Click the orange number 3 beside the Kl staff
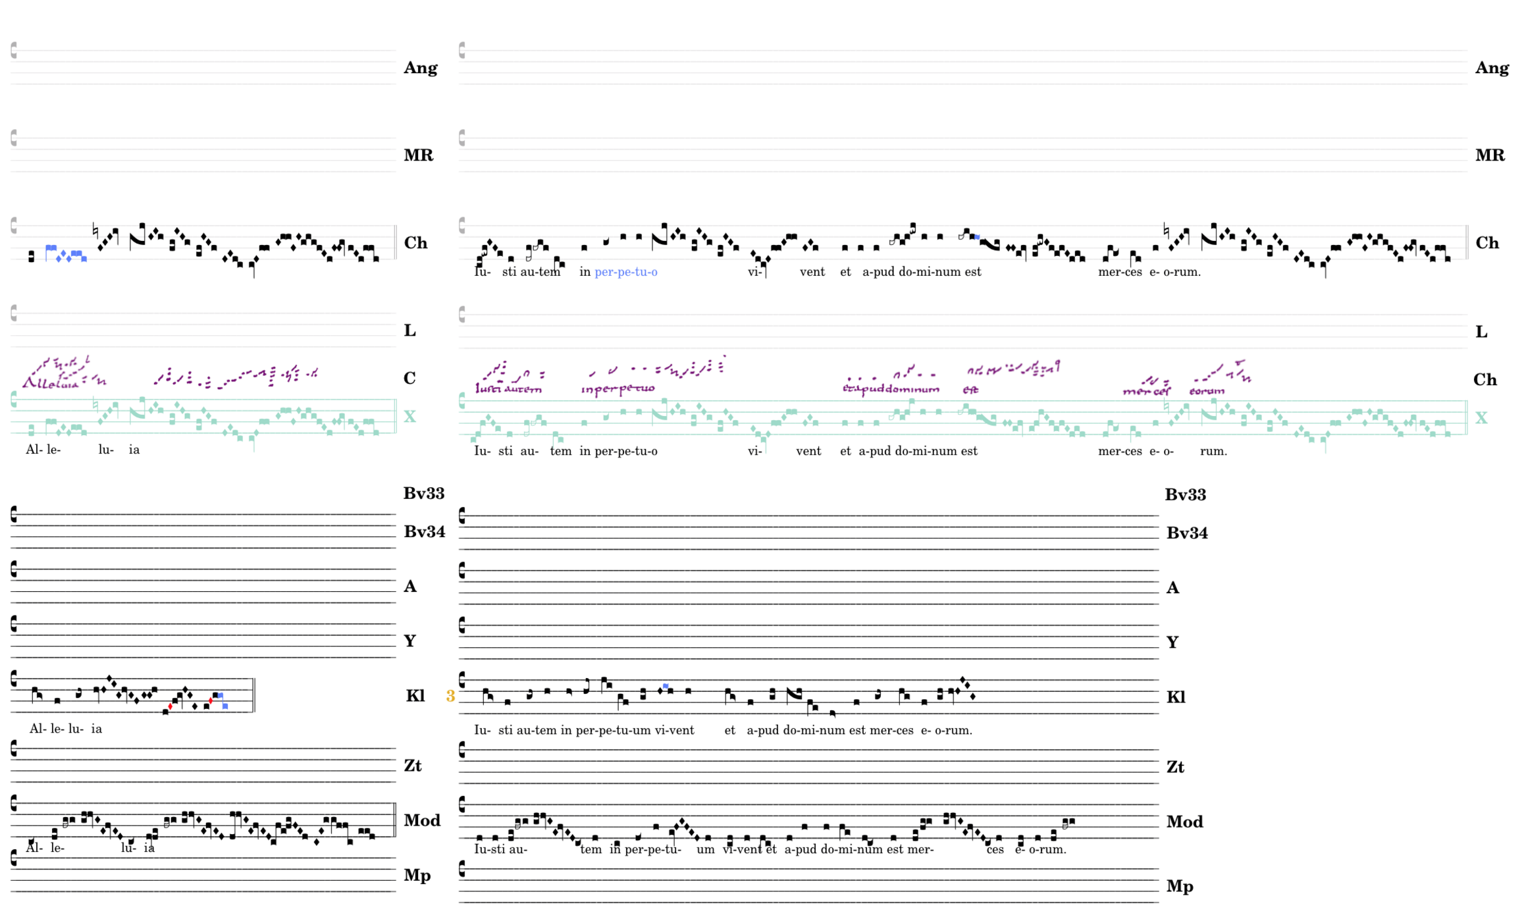pyautogui.click(x=450, y=696)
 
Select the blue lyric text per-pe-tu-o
pyautogui.click(x=625, y=272)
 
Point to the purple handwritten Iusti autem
pyautogui.click(x=508, y=389)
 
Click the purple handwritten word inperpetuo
pyautogui.click(x=618, y=389)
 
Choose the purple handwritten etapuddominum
pyautogui.click(x=891, y=389)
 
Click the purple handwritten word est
pyautogui.click(x=970, y=390)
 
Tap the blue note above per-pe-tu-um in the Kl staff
pyautogui.click(x=666, y=687)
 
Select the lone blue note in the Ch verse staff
pyautogui.click(x=976, y=237)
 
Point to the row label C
pyautogui.click(x=409, y=378)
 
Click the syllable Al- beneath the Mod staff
pyautogui.click(x=34, y=848)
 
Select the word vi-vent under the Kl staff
pyautogui.click(x=674, y=730)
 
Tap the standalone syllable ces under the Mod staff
pyautogui.click(x=995, y=850)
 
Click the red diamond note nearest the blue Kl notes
pyautogui.click(x=211, y=700)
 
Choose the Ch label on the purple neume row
pyautogui.click(x=1485, y=379)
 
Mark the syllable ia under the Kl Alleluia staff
pyautogui.click(x=96, y=729)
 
